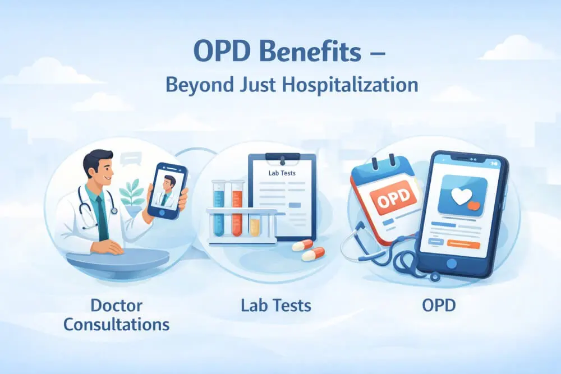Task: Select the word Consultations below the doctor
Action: point(116,324)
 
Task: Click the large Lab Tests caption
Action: point(276,306)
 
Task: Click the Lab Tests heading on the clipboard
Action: point(282,173)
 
